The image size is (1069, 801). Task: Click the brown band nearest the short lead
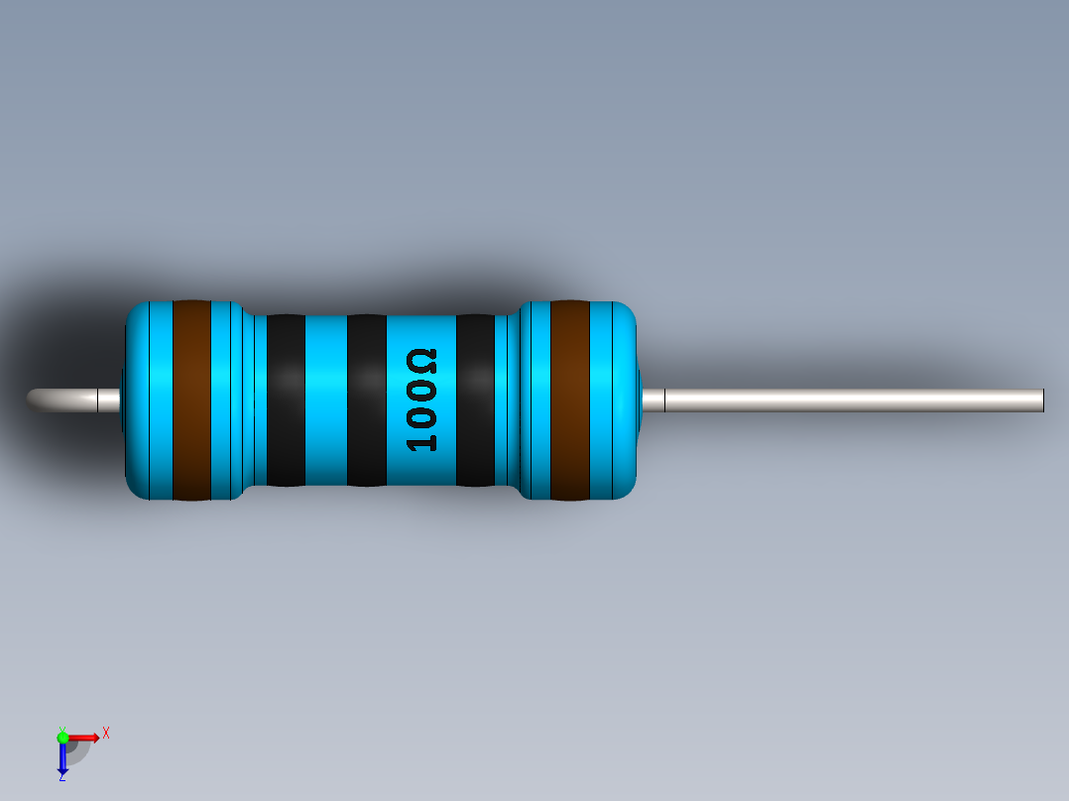[x=191, y=400]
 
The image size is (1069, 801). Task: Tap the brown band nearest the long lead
[x=569, y=400]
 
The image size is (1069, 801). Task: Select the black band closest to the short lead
[x=287, y=400]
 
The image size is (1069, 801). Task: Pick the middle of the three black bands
[x=366, y=400]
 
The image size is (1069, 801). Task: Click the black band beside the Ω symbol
[x=475, y=400]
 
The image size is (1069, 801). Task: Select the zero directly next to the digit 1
[x=422, y=415]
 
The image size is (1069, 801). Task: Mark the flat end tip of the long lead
[x=1042, y=400]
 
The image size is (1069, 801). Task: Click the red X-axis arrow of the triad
[x=84, y=737]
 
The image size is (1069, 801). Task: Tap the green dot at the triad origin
[x=62, y=737]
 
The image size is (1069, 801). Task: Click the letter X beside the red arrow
[x=105, y=734]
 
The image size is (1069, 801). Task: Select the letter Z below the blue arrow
[x=61, y=777]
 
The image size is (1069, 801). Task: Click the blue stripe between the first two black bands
[x=326, y=400]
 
